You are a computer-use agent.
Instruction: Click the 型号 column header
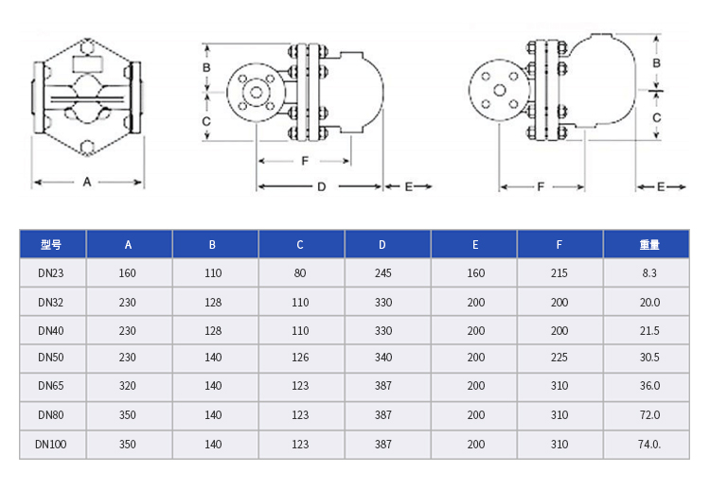click(51, 245)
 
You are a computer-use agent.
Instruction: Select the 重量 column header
click(648, 245)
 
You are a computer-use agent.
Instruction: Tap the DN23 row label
click(51, 273)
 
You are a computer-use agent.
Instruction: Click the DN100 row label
click(51, 444)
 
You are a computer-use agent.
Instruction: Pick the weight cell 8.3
click(648, 273)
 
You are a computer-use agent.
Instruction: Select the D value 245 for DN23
click(382, 273)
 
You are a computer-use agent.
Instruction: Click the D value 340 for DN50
click(382, 358)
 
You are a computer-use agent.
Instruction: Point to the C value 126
click(300, 358)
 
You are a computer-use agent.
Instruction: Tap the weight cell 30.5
click(648, 358)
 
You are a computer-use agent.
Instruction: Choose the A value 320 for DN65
click(128, 386)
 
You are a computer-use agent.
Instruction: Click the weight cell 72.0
click(648, 415)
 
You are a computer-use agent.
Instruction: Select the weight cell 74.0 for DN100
click(649, 444)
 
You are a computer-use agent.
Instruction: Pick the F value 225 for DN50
click(559, 358)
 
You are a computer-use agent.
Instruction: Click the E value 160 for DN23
click(475, 273)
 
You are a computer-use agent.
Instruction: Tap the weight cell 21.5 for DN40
click(648, 330)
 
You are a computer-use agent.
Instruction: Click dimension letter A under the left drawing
click(86, 181)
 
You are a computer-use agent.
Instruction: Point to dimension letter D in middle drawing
click(321, 187)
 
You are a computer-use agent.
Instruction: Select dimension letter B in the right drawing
click(656, 61)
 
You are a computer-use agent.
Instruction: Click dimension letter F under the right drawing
click(541, 187)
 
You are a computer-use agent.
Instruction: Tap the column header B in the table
click(212, 245)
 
